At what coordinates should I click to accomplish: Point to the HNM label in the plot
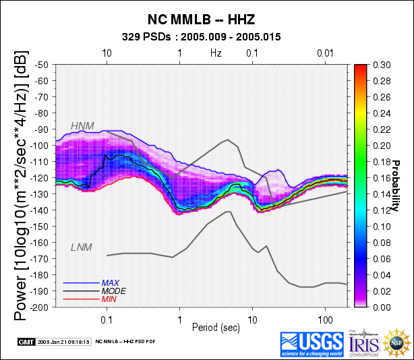(x=83, y=125)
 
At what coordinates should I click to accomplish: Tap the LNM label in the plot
(x=82, y=247)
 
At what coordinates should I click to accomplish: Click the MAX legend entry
(x=111, y=282)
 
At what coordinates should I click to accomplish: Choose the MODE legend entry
(x=113, y=291)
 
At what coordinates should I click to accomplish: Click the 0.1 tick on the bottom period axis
(x=107, y=317)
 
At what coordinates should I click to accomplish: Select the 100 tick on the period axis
(x=326, y=317)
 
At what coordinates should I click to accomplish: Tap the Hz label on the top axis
(x=216, y=53)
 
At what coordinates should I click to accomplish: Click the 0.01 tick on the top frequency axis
(x=326, y=53)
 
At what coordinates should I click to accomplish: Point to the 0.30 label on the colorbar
(x=382, y=65)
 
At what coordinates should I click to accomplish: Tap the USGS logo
(x=312, y=343)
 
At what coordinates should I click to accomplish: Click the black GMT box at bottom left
(x=26, y=342)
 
